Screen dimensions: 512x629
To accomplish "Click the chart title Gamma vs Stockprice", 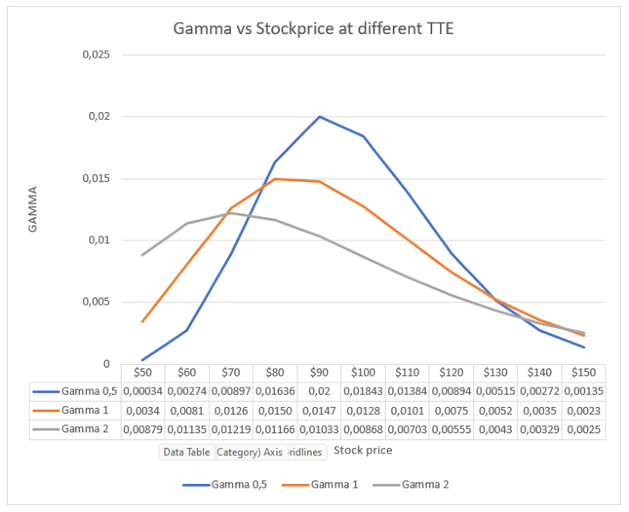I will pos(314,29).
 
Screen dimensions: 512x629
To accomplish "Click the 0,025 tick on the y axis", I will pos(95,54).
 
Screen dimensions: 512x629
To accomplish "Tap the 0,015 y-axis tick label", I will pos(95,179).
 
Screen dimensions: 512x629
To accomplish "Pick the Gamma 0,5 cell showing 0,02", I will pos(319,391).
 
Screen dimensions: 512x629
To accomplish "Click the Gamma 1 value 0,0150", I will pos(275,410).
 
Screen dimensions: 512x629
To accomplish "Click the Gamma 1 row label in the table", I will pos(84,410).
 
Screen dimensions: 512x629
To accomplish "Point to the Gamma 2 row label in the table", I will pos(84,429).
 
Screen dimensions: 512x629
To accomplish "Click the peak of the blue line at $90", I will pos(319,116).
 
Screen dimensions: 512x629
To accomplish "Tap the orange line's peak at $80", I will pos(276,179).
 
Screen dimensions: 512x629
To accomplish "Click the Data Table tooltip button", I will pos(185,452).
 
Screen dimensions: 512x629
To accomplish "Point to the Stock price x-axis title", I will pos(364,451).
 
